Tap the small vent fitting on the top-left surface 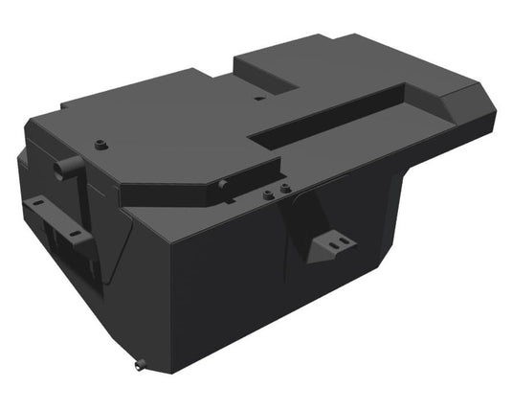click(x=99, y=145)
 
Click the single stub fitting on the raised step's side click(x=221, y=183)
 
